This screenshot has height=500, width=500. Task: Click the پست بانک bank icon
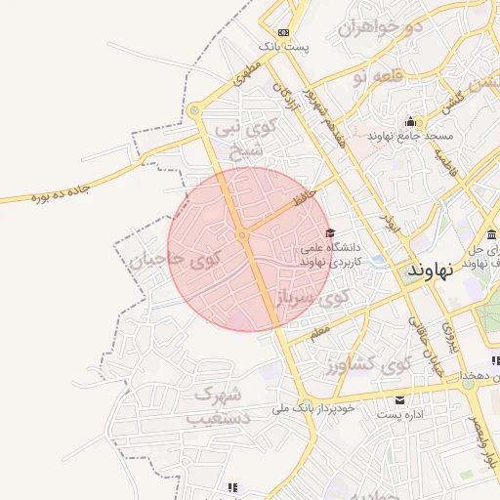pyautogui.click(x=283, y=31)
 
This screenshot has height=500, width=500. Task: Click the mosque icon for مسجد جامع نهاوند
pyautogui.click(x=410, y=122)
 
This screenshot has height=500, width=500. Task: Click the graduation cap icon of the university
pyautogui.click(x=330, y=233)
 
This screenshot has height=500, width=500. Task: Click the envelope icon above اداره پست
pyautogui.click(x=399, y=400)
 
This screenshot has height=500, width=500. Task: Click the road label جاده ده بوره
pyautogui.click(x=39, y=199)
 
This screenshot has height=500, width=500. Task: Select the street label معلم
pyautogui.click(x=320, y=333)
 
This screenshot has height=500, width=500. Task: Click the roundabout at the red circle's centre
pyautogui.click(x=241, y=235)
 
